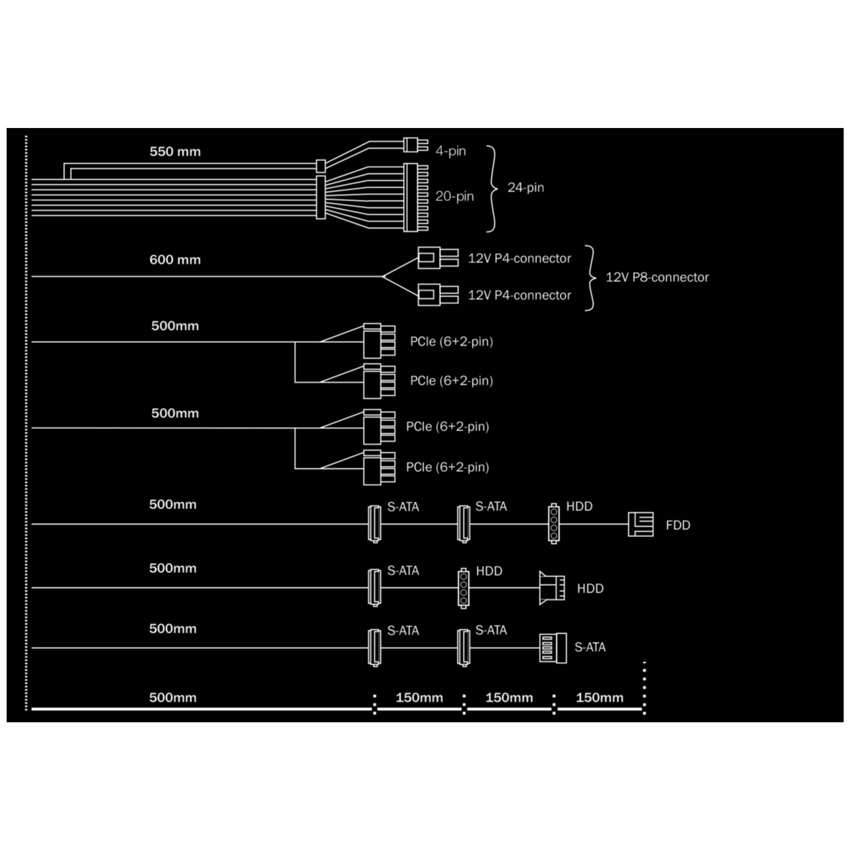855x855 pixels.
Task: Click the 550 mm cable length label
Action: click(x=175, y=152)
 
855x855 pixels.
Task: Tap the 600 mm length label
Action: click(x=175, y=260)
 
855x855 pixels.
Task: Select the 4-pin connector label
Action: click(x=451, y=151)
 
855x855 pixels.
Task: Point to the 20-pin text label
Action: click(x=454, y=196)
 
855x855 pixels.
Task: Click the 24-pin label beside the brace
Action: click(x=526, y=188)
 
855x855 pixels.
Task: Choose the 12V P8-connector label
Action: click(x=657, y=277)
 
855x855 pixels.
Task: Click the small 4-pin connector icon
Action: click(x=416, y=145)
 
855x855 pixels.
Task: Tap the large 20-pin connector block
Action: click(x=416, y=197)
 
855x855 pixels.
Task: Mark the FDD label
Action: click(x=678, y=525)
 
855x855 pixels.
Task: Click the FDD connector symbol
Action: click(x=641, y=524)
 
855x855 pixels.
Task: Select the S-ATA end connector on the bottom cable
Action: click(x=553, y=648)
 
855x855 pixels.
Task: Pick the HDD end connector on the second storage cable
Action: click(x=552, y=588)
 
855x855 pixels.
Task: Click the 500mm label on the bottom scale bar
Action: click(x=173, y=698)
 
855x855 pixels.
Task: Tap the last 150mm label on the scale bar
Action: click(x=599, y=698)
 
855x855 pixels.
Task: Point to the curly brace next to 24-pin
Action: click(x=492, y=189)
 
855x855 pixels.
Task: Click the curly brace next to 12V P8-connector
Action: click(x=590, y=278)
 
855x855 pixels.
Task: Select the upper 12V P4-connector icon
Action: click(x=438, y=258)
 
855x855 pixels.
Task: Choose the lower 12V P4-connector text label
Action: click(x=519, y=295)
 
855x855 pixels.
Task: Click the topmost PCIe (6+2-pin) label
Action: click(x=451, y=342)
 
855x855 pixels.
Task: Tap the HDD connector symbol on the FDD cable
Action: click(x=554, y=523)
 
